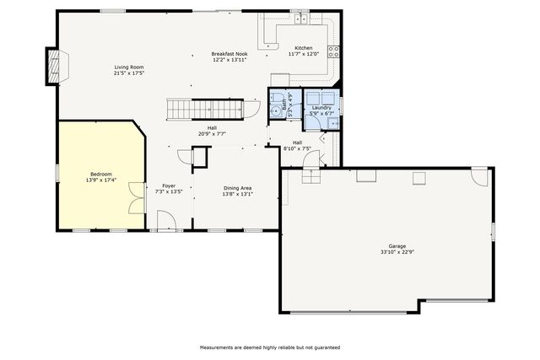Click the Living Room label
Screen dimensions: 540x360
click(129, 67)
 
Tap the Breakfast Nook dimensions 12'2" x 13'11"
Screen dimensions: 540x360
click(229, 60)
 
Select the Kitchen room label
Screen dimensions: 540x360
click(304, 48)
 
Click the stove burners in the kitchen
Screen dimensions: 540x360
click(333, 51)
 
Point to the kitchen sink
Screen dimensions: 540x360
click(300, 19)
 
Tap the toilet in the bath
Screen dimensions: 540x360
click(275, 97)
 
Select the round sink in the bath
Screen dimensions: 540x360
click(275, 111)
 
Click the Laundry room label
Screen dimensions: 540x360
click(321, 108)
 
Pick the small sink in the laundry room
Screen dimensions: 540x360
click(333, 123)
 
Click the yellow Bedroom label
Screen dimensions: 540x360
click(101, 175)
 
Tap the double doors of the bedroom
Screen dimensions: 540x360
click(137, 198)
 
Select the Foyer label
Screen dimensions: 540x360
click(169, 185)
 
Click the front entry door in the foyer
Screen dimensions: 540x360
click(167, 220)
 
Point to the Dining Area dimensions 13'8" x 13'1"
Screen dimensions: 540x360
click(237, 194)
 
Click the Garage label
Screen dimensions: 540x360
click(397, 246)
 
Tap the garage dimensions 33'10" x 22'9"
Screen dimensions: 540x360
click(397, 251)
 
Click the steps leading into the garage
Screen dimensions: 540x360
click(311, 176)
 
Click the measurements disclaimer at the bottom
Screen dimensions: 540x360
click(270, 347)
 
